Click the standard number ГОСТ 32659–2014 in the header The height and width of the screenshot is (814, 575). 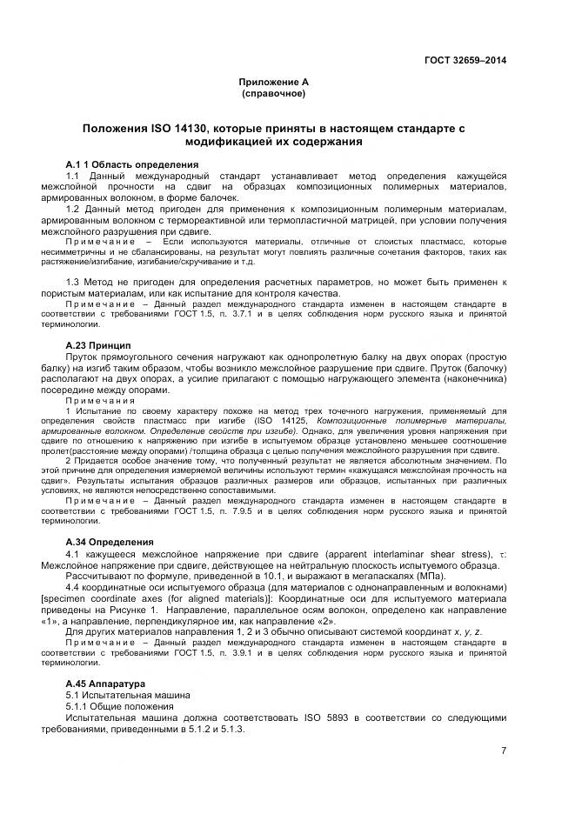point(465,60)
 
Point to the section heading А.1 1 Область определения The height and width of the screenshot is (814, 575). point(132,164)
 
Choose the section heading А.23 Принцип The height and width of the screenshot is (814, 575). point(98,344)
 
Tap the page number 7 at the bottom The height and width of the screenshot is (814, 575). point(503,751)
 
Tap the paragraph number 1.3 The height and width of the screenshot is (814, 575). point(73,283)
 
